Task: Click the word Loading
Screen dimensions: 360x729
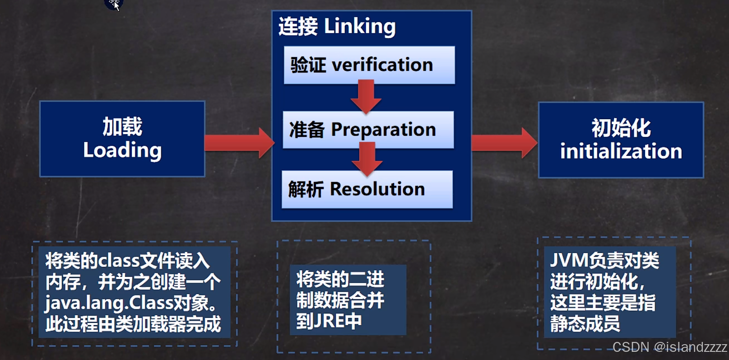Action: [122, 150]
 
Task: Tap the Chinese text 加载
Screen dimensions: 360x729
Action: [122, 126]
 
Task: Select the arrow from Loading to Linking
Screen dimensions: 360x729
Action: [239, 143]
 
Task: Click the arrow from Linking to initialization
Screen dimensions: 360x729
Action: [504, 143]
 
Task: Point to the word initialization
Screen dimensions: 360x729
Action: [621, 151]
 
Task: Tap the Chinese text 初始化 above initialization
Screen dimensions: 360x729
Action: [621, 128]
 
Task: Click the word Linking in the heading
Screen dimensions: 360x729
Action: [360, 27]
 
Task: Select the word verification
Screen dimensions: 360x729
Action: [382, 65]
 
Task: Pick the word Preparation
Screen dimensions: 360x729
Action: [383, 130]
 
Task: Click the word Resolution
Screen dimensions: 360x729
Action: [377, 189]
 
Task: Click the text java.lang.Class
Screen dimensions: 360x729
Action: [108, 303]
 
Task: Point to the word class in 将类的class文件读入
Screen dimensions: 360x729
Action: [119, 261]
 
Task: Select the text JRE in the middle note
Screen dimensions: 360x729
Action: [328, 321]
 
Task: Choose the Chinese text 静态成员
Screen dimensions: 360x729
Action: [585, 323]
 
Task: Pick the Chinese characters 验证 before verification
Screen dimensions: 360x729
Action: [308, 65]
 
